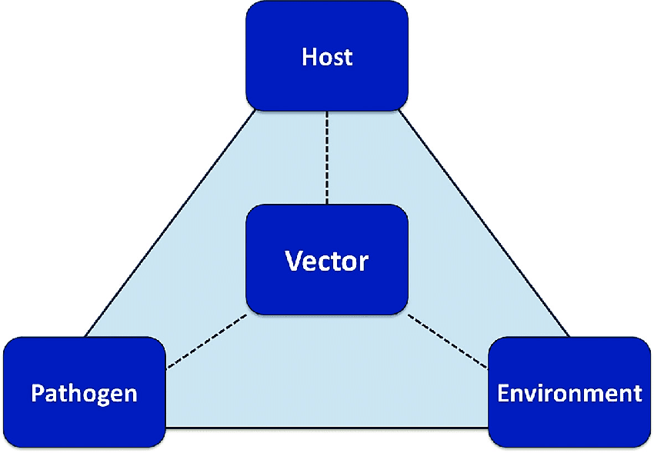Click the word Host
pyautogui.click(x=327, y=57)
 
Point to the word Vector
pyautogui.click(x=327, y=261)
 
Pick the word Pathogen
pyautogui.click(x=84, y=394)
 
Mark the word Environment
pyautogui.click(x=569, y=394)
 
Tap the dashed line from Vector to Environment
pyautogui.click(x=449, y=338)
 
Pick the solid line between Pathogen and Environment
pyautogui.click(x=327, y=427)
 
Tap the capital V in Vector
pyautogui.click(x=293, y=261)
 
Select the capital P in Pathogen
pyautogui.click(x=37, y=394)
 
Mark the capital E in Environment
pyautogui.click(x=503, y=394)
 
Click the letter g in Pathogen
pyautogui.click(x=102, y=397)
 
